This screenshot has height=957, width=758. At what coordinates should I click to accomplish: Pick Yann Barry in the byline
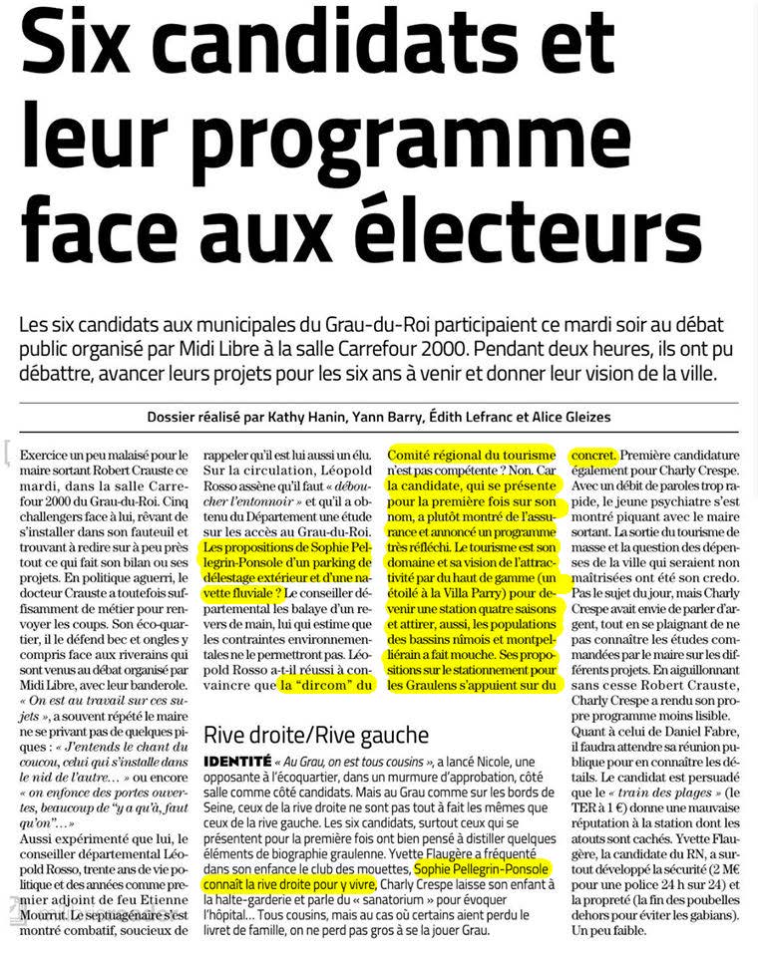[x=380, y=417]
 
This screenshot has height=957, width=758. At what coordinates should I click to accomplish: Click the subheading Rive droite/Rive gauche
[x=316, y=736]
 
